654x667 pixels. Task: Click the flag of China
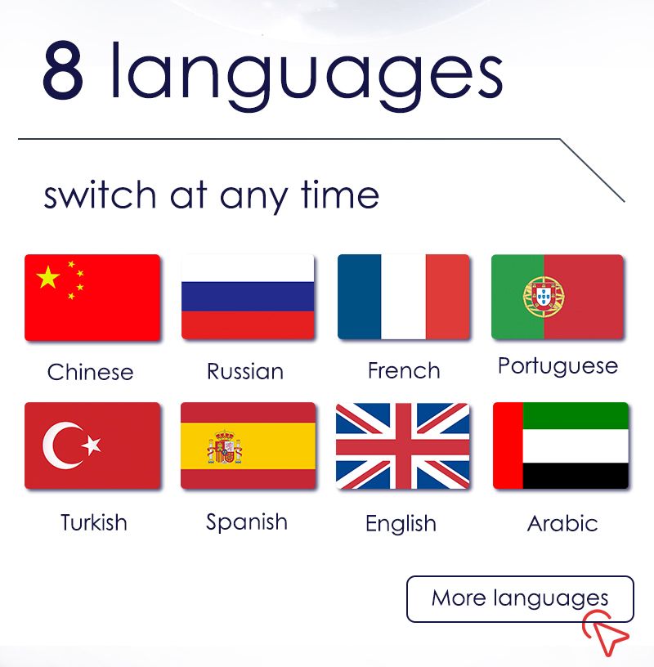click(92, 298)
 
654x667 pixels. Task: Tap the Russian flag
click(248, 297)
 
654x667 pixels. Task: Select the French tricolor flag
click(403, 297)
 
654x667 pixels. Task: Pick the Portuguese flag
click(558, 297)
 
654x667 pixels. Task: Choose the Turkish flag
click(92, 445)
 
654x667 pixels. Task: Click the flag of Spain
click(248, 445)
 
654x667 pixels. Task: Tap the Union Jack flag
click(402, 445)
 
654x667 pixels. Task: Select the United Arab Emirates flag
click(560, 445)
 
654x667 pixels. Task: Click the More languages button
click(520, 599)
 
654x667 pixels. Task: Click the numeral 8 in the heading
click(63, 70)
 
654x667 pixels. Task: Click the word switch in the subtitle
click(100, 195)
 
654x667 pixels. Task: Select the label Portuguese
click(558, 367)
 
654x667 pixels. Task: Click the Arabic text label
click(562, 523)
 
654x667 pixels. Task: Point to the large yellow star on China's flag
click(47, 277)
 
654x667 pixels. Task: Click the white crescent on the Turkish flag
click(62, 445)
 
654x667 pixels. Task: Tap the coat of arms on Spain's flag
click(225, 446)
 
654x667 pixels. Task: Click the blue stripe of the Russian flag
click(248, 297)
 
